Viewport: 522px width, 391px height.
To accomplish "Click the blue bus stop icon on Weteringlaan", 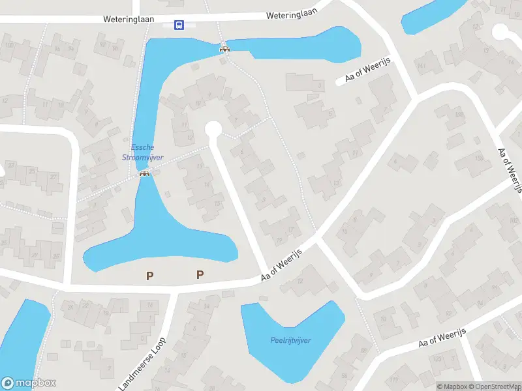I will coord(178,25).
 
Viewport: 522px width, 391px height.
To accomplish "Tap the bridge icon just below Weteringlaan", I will coord(224,47).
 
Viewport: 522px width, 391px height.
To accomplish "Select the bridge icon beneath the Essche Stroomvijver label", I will coord(144,174).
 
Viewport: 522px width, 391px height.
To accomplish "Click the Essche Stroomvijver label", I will coord(142,152).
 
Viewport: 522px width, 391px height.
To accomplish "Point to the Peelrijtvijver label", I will coord(290,340).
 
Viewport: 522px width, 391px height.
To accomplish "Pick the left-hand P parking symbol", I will coord(149,276).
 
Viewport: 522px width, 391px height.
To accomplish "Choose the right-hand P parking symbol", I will coord(200,275).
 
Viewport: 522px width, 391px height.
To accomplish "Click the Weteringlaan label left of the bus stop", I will coord(129,20).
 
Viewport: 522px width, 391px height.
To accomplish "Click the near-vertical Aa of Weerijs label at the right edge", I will coord(510,169).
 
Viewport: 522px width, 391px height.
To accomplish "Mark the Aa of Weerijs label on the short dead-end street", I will coord(367,75).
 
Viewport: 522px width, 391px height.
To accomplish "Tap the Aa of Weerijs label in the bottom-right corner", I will coord(443,338).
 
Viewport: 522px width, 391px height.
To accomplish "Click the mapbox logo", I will coord(29,383).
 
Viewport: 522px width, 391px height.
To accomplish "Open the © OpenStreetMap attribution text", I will coord(493,386).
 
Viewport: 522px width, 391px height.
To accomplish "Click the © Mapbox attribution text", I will coord(452,386).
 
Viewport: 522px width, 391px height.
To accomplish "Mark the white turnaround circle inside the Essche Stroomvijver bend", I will coord(213,130).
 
